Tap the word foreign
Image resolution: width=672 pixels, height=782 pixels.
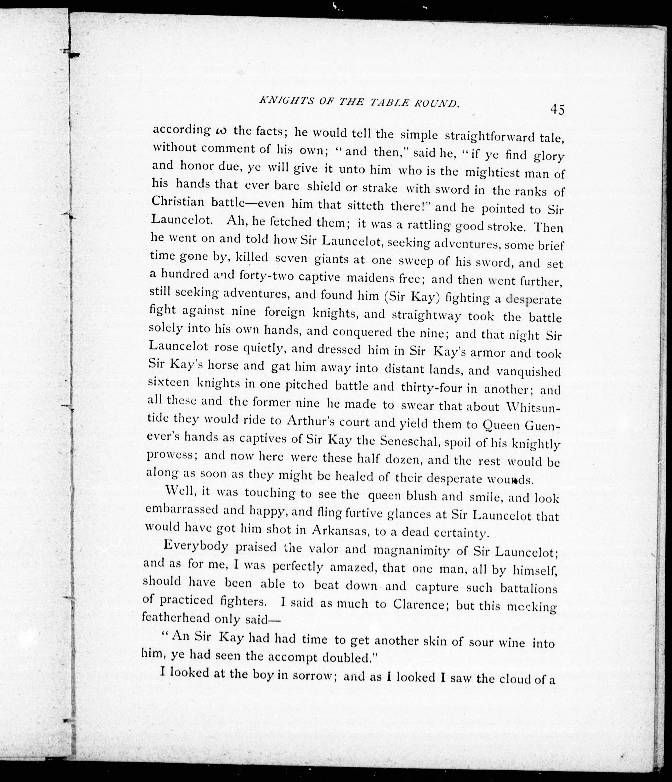285,313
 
